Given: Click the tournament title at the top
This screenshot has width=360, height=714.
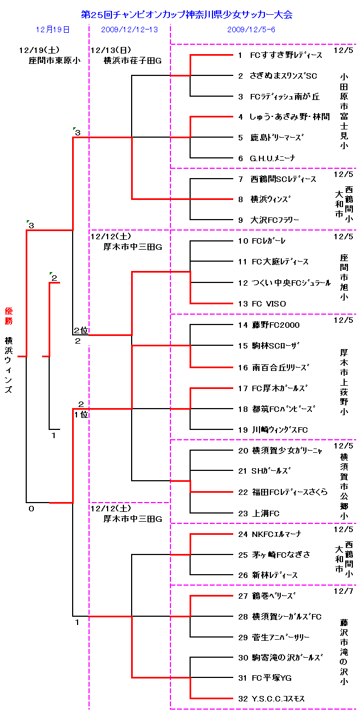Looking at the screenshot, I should click(186, 15).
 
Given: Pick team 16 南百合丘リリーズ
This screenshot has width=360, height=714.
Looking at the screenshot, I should click(273, 367).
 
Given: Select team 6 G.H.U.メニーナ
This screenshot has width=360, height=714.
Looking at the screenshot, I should click(266, 158).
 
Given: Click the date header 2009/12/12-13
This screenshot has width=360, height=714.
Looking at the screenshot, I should click(129, 29).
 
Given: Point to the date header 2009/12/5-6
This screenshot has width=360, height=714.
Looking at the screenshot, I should click(251, 29).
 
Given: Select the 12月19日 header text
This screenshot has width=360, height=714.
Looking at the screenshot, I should click(53, 29).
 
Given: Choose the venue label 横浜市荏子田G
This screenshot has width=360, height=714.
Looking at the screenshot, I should click(133, 61).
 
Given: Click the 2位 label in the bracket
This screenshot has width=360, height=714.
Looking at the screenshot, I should click(81, 331).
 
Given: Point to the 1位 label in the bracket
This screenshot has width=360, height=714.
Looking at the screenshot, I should click(81, 414).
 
